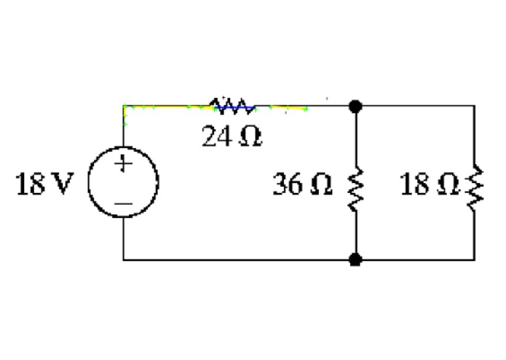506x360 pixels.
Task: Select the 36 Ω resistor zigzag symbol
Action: (355, 188)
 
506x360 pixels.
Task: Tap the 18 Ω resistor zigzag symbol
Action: (474, 188)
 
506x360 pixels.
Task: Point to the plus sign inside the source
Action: (124, 165)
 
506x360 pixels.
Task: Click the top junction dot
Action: (355, 106)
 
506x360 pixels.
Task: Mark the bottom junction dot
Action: (355, 259)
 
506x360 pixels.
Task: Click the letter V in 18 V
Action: (63, 187)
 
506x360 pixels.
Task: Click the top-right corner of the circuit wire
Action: (474, 106)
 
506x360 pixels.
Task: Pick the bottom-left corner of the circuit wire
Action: (123, 259)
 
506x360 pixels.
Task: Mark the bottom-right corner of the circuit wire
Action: (474, 259)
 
